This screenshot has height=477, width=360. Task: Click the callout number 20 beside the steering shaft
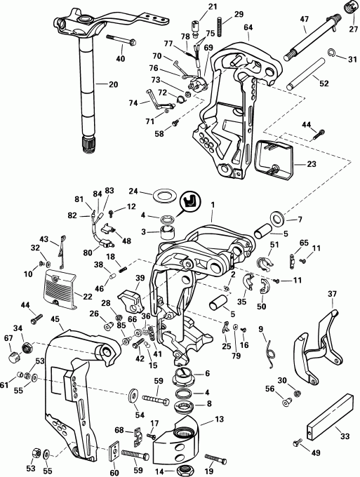(x=113, y=84)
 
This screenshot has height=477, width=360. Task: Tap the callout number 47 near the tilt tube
(x=305, y=19)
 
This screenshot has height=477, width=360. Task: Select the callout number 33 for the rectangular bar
(x=345, y=437)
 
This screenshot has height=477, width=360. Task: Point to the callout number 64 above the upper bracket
(x=248, y=27)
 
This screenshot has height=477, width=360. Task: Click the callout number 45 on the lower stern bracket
(x=55, y=319)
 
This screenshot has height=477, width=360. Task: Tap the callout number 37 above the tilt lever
(x=333, y=294)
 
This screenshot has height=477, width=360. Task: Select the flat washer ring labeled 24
(x=161, y=195)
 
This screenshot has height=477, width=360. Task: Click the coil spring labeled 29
(x=220, y=27)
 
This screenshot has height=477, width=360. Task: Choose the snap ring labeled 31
(x=333, y=53)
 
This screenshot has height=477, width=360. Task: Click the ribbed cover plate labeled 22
(x=60, y=289)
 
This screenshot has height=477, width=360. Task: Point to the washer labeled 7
(x=277, y=217)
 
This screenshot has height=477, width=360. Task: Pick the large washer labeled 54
(x=133, y=396)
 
